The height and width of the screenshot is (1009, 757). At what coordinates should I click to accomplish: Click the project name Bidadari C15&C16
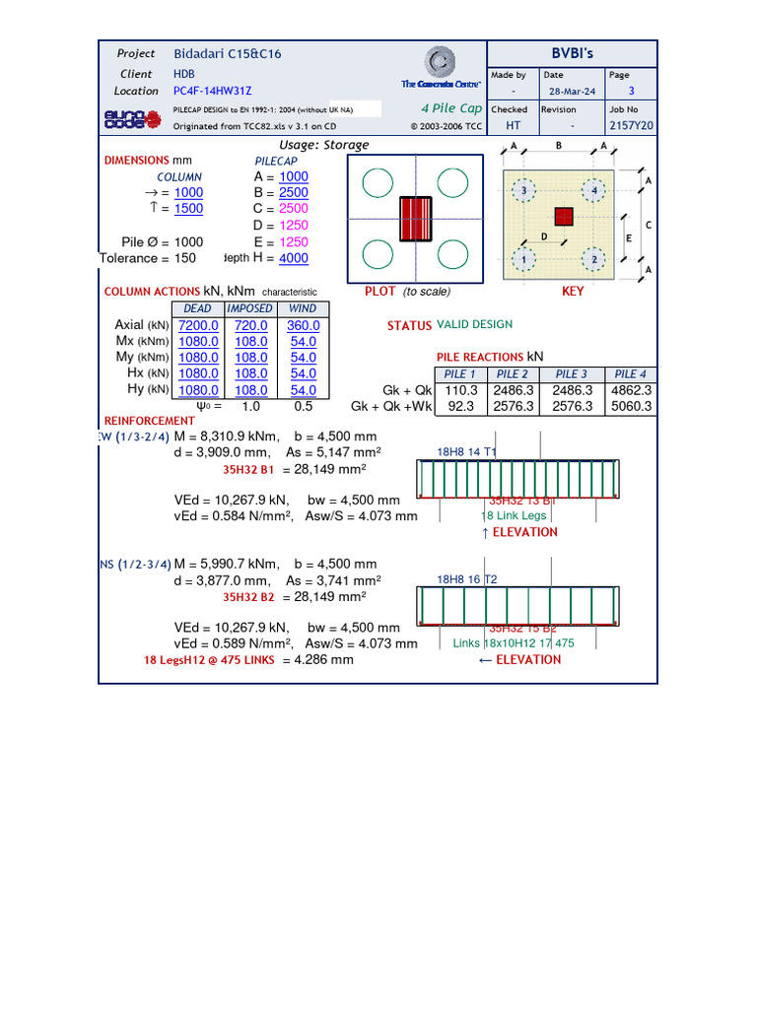click(x=228, y=54)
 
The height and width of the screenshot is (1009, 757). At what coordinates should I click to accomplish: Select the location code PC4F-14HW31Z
click(x=212, y=91)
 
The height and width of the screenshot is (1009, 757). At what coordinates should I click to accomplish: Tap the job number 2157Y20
click(x=631, y=126)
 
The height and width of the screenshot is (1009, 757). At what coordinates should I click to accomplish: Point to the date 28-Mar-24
click(x=570, y=91)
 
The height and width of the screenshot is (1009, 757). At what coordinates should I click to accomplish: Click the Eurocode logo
click(x=125, y=119)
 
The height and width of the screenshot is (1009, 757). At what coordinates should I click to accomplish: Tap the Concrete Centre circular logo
click(x=441, y=62)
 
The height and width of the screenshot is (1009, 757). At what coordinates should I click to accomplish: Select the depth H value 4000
click(x=294, y=258)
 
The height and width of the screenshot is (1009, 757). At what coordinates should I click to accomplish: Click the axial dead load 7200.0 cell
click(x=198, y=325)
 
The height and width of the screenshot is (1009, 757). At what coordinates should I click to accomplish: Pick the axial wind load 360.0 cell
click(x=304, y=325)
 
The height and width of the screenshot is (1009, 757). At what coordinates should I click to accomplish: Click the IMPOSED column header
click(x=249, y=308)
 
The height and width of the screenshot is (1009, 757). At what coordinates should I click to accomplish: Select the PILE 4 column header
click(x=631, y=374)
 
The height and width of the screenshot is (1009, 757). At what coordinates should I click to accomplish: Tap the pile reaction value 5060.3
click(x=631, y=406)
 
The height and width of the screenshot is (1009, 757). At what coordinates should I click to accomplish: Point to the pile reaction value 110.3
click(x=460, y=390)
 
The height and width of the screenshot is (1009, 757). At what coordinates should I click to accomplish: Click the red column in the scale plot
click(x=416, y=218)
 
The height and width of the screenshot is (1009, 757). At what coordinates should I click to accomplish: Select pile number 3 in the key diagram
click(x=524, y=189)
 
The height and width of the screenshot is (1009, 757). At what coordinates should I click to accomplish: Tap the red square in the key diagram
click(x=563, y=216)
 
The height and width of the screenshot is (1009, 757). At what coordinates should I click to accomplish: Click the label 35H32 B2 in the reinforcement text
click(x=247, y=596)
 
